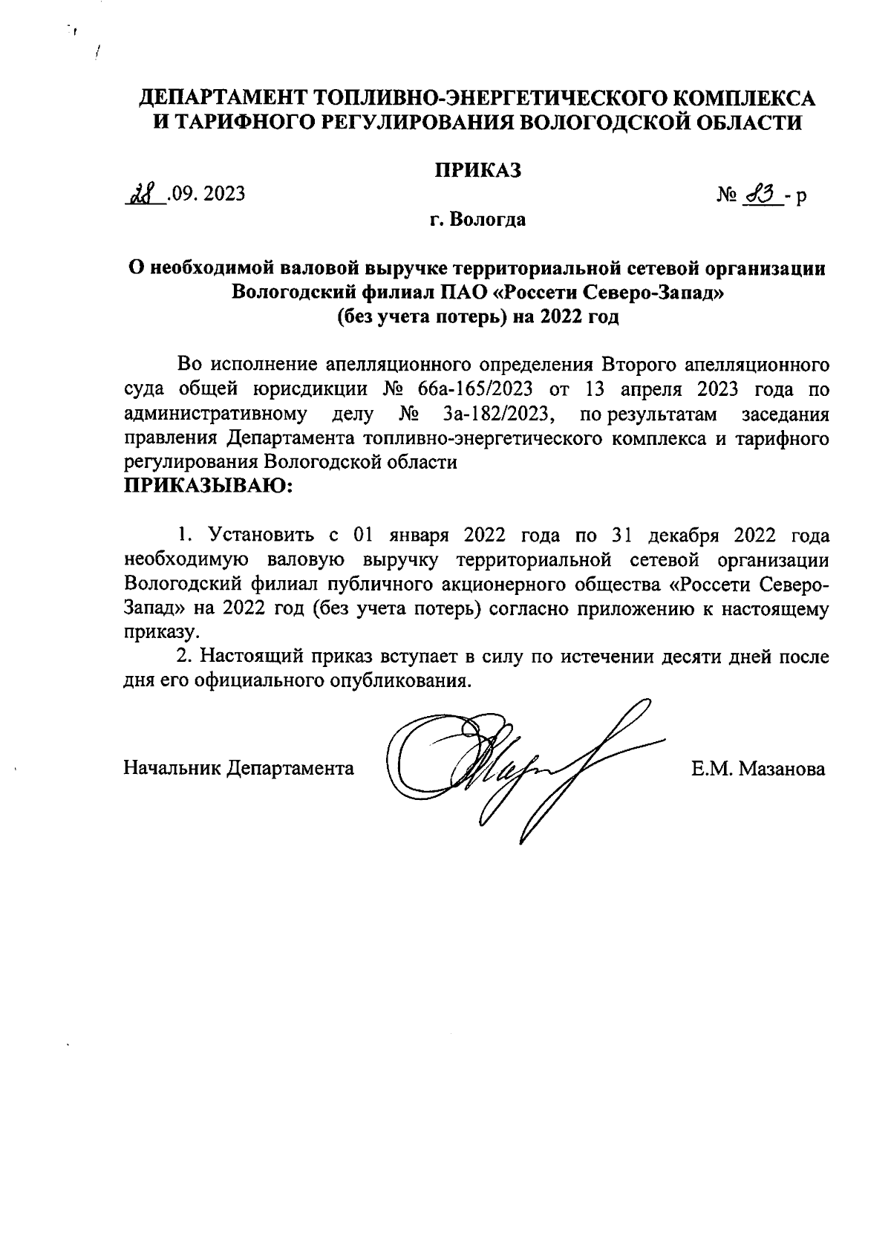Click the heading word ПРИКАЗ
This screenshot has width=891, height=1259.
[x=478, y=170]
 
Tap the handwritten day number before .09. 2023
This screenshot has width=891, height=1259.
[x=140, y=195]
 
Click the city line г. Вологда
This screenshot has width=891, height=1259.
[x=478, y=220]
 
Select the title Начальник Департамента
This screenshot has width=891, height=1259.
[x=238, y=767]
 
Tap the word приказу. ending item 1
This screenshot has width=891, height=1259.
[x=152, y=632]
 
